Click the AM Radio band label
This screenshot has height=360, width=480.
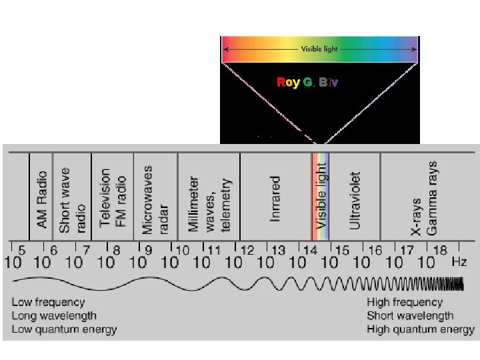[41, 199]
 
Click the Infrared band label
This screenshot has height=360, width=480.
[275, 198]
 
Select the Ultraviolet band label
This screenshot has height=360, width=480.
[355, 199]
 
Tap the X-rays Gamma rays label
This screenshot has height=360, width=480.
[424, 198]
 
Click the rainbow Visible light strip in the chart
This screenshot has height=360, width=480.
[321, 197]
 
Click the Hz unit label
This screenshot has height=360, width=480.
[459, 262]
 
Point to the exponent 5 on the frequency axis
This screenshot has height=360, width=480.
[22, 251]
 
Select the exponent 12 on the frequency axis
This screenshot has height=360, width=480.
[247, 251]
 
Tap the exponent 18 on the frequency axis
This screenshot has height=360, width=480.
[439, 251]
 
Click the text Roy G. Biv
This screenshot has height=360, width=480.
[307, 83]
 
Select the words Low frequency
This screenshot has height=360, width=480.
[48, 303]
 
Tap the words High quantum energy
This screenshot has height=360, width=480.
[421, 329]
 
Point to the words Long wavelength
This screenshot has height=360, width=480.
[54, 316]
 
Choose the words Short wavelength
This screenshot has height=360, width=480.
[410, 316]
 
